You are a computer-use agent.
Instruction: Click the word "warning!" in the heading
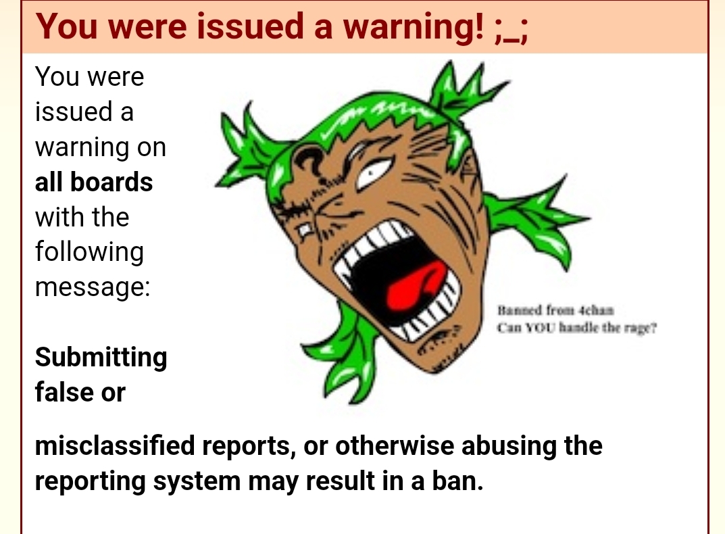click(413, 27)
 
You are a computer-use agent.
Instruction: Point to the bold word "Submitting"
click(101, 358)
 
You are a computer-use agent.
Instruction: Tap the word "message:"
click(93, 287)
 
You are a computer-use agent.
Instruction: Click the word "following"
click(89, 253)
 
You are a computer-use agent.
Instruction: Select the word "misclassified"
click(115, 445)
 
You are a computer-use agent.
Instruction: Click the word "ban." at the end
click(457, 481)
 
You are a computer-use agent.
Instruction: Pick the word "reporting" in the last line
click(91, 482)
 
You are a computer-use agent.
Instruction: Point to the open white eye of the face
click(373, 172)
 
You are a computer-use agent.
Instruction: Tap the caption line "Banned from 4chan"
click(555, 310)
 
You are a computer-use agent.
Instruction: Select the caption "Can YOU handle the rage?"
click(576, 328)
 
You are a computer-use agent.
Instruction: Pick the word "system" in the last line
click(197, 482)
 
